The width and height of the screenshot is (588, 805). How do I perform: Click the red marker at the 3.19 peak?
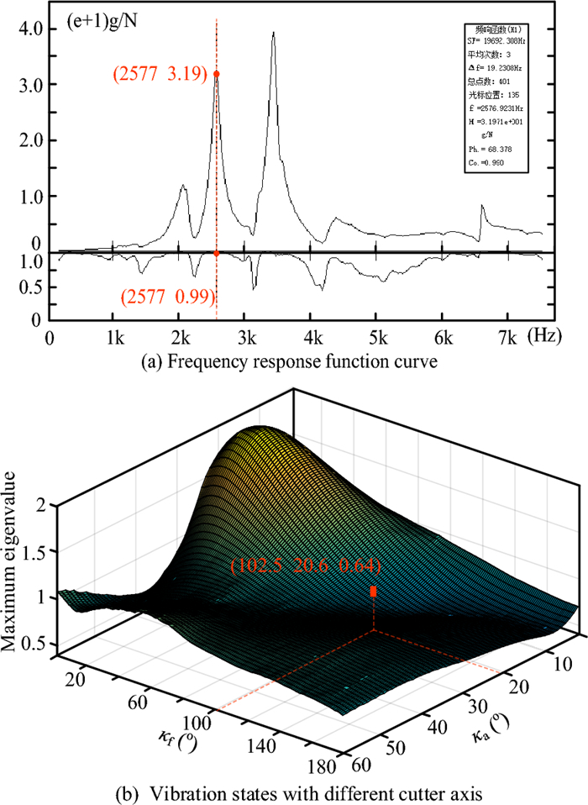point(217,74)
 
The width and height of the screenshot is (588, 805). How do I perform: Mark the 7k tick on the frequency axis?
point(507,339)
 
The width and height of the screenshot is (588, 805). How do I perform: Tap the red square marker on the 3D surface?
point(374,592)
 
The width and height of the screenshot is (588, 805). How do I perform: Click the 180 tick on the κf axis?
point(326,767)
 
